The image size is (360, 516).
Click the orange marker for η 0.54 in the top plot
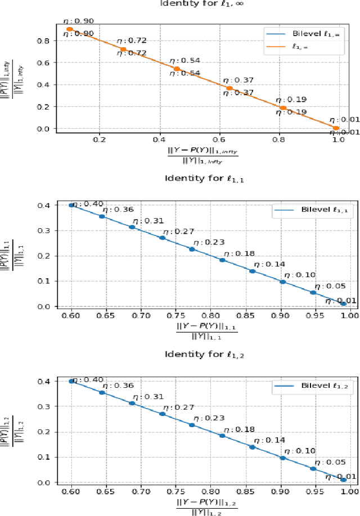177,69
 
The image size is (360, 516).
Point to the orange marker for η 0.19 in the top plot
283,107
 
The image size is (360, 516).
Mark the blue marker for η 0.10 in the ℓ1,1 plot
283,282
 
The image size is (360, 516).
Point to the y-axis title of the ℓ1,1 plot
14,255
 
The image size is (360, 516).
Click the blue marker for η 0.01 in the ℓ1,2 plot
343,479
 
